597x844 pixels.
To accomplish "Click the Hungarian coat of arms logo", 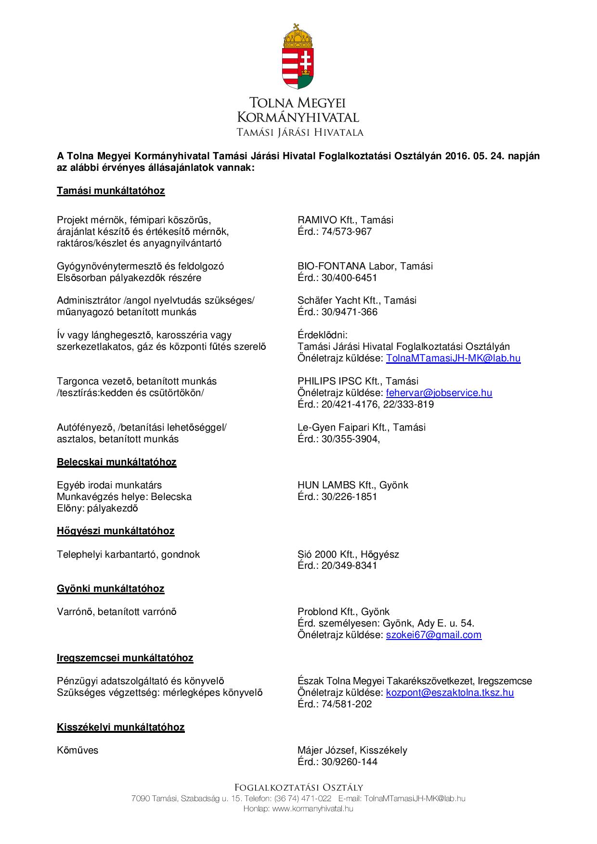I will [x=298, y=57].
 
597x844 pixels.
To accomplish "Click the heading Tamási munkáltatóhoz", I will [x=111, y=191].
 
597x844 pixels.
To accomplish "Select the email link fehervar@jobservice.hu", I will [x=439, y=393].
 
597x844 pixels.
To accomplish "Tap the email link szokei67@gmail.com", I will [x=433, y=635].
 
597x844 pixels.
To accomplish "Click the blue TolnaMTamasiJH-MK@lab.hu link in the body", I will [x=453, y=358].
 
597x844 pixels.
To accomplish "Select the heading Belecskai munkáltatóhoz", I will [x=117, y=462].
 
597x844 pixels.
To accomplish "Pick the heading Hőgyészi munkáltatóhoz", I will [x=116, y=531].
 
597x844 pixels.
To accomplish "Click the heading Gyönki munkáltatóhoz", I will [x=111, y=588].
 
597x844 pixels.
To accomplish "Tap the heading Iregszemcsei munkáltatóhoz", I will [x=125, y=658].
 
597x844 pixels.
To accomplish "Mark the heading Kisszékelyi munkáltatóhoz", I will [x=120, y=727].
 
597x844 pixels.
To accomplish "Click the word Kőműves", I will [x=78, y=750].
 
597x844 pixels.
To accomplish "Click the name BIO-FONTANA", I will [x=332, y=266].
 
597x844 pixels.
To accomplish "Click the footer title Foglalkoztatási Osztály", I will [x=298, y=787].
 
